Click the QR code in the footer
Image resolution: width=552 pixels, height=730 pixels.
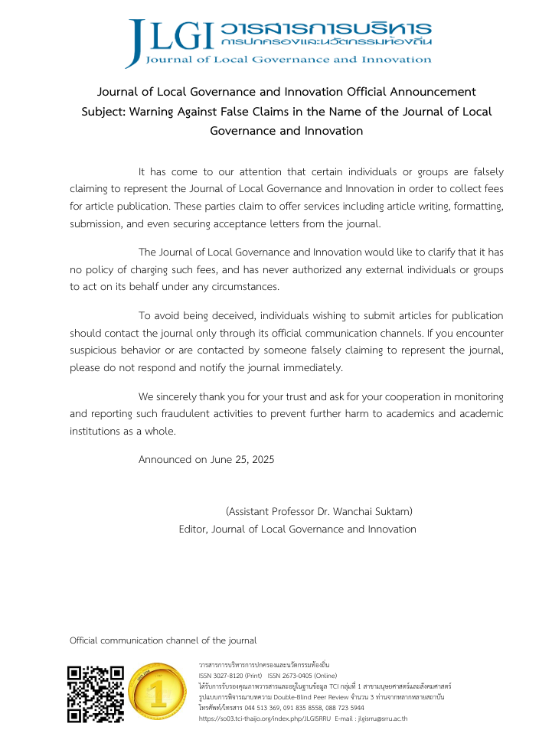[x=96, y=694]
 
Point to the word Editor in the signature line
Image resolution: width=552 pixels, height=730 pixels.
[x=192, y=529]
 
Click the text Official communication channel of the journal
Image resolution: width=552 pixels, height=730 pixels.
[x=163, y=640]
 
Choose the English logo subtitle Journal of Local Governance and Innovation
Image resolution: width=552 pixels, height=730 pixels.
[x=288, y=59]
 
